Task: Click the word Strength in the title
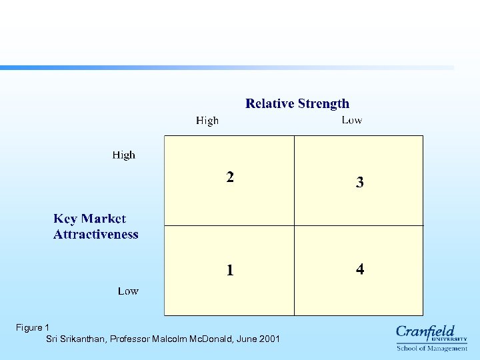point(324,103)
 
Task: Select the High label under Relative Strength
point(207,121)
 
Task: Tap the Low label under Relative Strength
point(352,120)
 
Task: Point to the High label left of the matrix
point(123,155)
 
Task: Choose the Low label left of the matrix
point(128,291)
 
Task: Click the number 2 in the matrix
point(230,177)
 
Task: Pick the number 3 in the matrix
point(359,182)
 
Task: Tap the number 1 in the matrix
point(230,270)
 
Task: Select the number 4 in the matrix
point(360,269)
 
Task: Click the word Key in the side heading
point(65,219)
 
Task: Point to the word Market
point(103,219)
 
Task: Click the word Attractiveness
point(96,234)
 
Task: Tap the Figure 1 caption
point(33,327)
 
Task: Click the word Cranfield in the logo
point(425,331)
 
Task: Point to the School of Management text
point(432,348)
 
